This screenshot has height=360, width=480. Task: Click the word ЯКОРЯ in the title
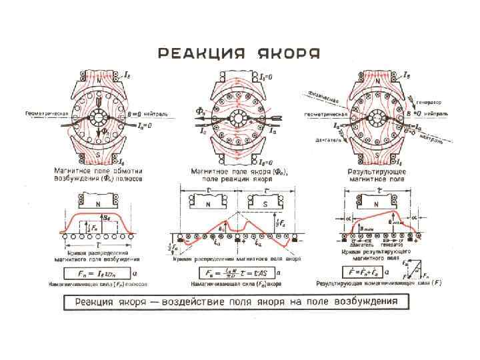click(289, 53)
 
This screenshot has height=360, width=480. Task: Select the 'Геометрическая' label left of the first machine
click(47, 113)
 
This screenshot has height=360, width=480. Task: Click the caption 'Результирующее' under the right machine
click(373, 171)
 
